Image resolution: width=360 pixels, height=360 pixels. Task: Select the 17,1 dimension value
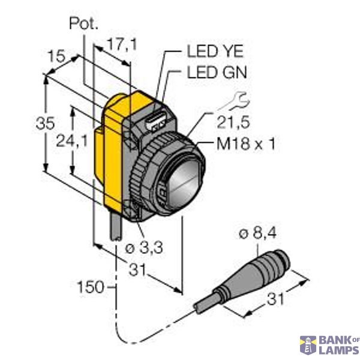click(x=119, y=43)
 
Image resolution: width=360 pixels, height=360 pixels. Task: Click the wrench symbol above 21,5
click(x=239, y=99)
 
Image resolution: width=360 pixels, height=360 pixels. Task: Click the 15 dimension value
click(x=57, y=56)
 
